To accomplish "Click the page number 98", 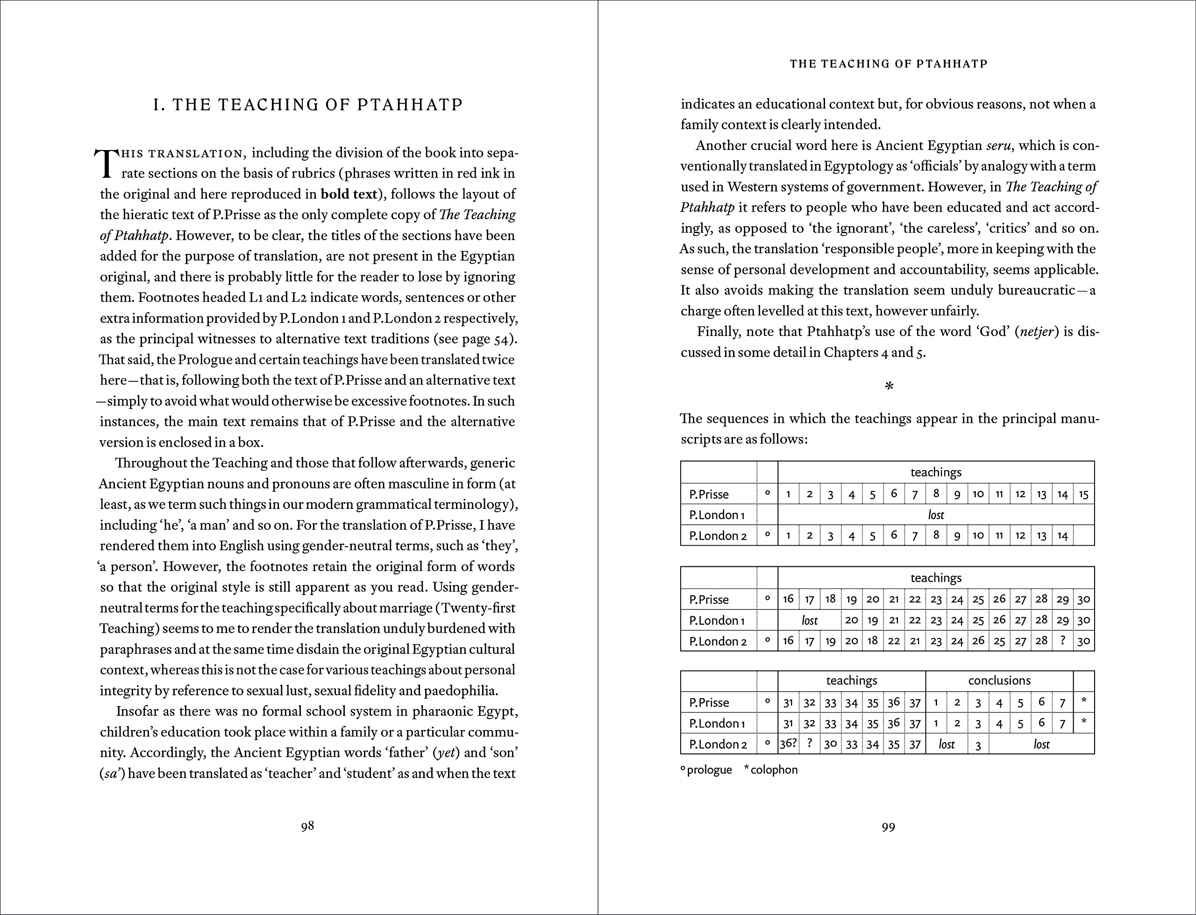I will coord(307,826).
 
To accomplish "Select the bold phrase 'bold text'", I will coord(349,194).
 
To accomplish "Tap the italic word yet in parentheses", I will coord(445,753).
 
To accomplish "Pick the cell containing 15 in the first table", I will coord(1083,494).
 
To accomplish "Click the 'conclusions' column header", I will coord(999,680).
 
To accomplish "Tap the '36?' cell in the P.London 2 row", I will coord(788,744).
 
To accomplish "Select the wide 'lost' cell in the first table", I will coord(936,515).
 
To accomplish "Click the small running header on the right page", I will coord(889,64).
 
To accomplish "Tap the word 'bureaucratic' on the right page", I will coord(1036,290).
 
